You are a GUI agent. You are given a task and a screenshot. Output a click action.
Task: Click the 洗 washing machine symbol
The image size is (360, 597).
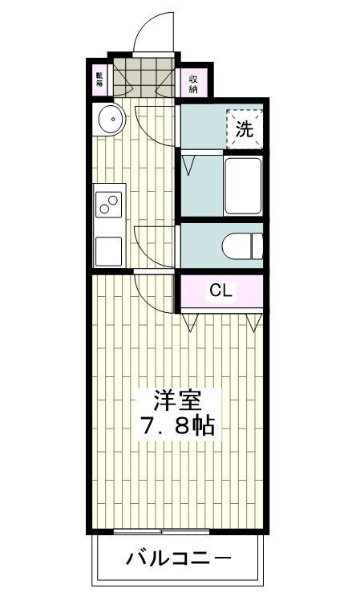click(245, 128)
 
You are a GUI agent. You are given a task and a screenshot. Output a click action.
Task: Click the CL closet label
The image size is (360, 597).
click(221, 291)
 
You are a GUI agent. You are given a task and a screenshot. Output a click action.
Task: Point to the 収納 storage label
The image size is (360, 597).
click(194, 83)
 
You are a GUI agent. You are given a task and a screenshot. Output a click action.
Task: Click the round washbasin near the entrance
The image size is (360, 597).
click(109, 121)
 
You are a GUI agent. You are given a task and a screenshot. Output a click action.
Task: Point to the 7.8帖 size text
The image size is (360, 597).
click(177, 425)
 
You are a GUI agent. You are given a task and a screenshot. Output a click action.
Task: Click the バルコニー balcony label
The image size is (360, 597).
click(178, 558)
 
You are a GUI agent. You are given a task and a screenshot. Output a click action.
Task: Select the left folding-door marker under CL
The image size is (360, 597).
click(191, 323)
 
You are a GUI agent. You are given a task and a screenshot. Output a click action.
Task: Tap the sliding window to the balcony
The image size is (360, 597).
click(161, 532)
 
